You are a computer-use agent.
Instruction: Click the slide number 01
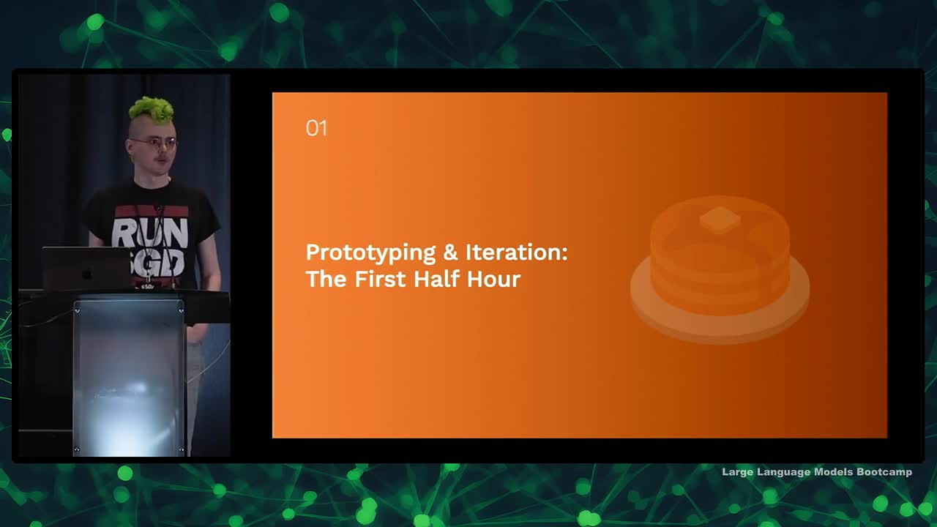click(316, 129)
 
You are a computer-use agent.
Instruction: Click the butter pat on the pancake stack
click(720, 219)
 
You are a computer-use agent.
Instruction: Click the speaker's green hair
click(152, 110)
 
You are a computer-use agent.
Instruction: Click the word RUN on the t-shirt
click(149, 233)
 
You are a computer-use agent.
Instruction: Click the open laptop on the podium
click(85, 269)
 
